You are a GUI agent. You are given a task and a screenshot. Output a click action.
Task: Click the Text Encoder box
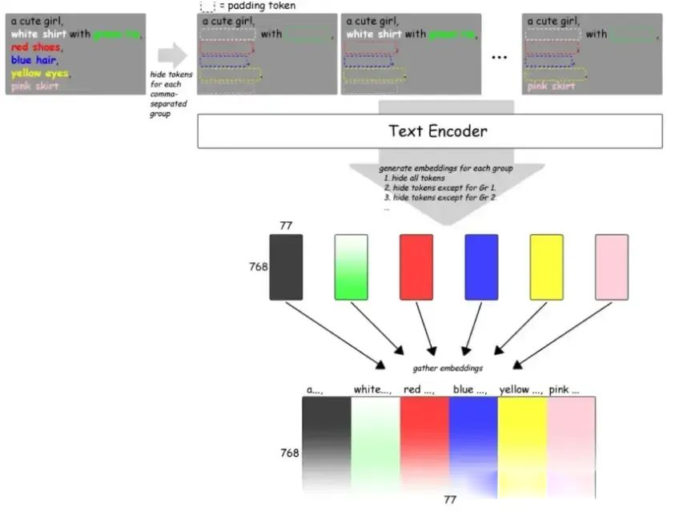pyautogui.click(x=430, y=131)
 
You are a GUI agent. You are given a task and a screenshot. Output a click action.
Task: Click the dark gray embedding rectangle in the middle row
pyautogui.click(x=286, y=267)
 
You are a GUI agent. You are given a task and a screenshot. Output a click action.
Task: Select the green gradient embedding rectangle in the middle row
pyautogui.click(x=351, y=267)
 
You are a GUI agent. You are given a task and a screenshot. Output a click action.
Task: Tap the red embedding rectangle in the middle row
pyautogui.click(x=416, y=267)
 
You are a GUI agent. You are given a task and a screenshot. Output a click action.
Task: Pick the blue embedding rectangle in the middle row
pyautogui.click(x=481, y=267)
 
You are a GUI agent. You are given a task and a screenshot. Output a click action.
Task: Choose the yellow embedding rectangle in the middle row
pyautogui.click(x=546, y=267)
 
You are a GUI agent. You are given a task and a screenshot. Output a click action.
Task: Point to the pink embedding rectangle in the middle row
pyautogui.click(x=612, y=267)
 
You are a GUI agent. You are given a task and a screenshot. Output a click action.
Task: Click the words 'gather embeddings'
pyautogui.click(x=448, y=368)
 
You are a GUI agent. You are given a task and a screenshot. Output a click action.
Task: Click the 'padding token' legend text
pyautogui.click(x=261, y=6)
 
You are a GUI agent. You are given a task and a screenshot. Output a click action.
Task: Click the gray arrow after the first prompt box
pyautogui.click(x=172, y=55)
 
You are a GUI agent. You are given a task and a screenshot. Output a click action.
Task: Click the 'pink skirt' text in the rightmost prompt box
pyautogui.click(x=551, y=86)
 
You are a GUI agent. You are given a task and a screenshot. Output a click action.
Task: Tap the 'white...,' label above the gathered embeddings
pyautogui.click(x=372, y=389)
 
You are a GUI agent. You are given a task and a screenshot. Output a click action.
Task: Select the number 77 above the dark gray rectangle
pyautogui.click(x=286, y=226)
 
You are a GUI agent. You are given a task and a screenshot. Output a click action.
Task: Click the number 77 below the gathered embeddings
pyautogui.click(x=450, y=499)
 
